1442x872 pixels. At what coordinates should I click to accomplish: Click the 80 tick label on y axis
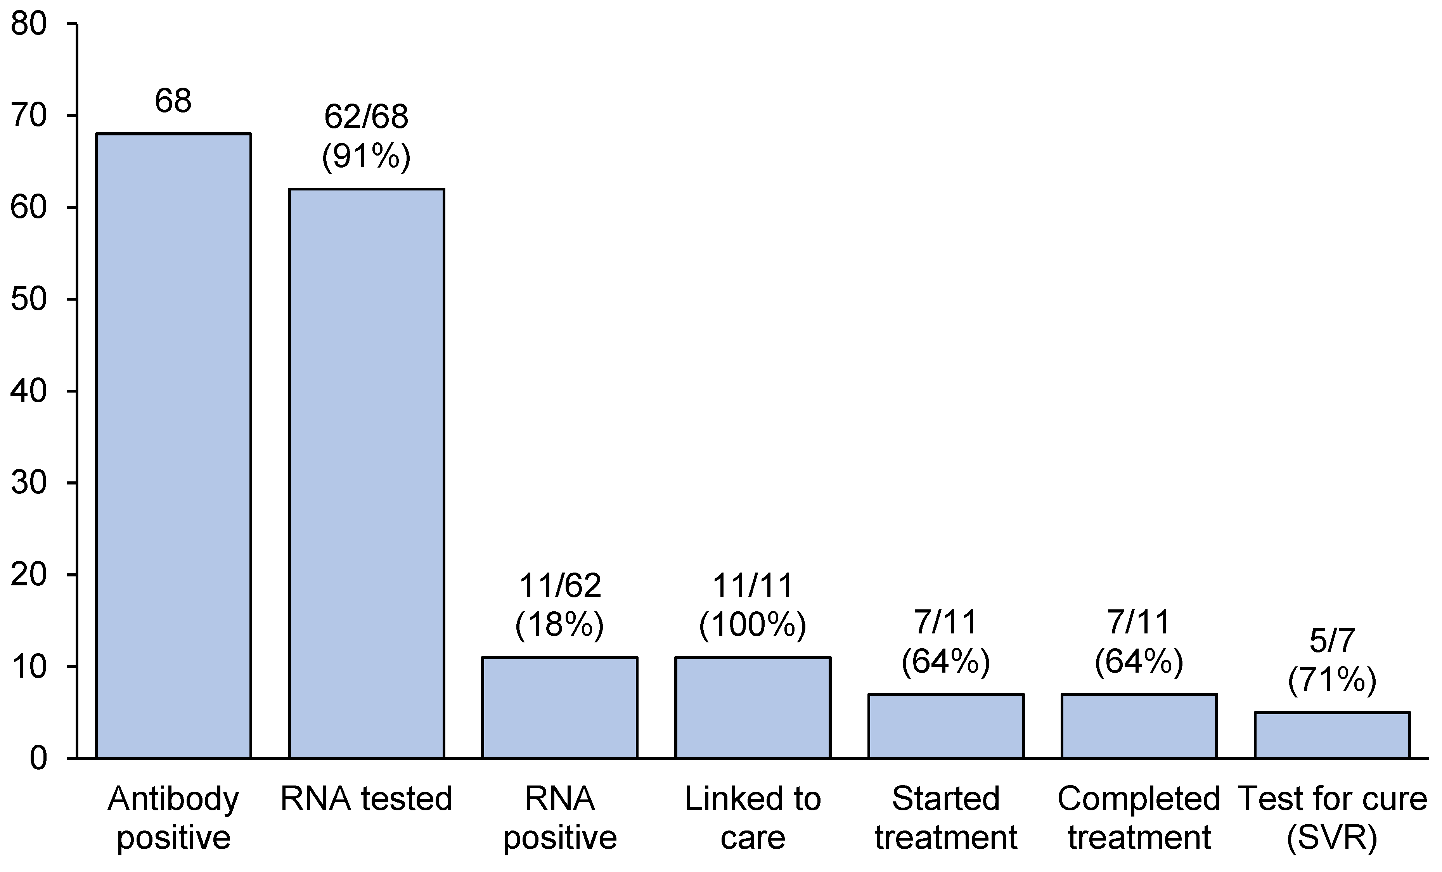tap(29, 25)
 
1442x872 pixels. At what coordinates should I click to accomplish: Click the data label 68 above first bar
tap(173, 101)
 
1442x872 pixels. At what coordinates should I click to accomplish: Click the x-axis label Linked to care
tap(753, 818)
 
